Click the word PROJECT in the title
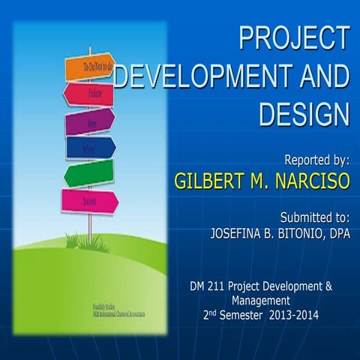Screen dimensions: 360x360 [294, 38]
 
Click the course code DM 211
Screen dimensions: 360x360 [208, 286]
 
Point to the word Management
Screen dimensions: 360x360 [261, 300]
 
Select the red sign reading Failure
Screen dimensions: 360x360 [88, 94]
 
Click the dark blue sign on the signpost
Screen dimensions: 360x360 [91, 147]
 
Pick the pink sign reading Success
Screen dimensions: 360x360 [90, 201]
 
